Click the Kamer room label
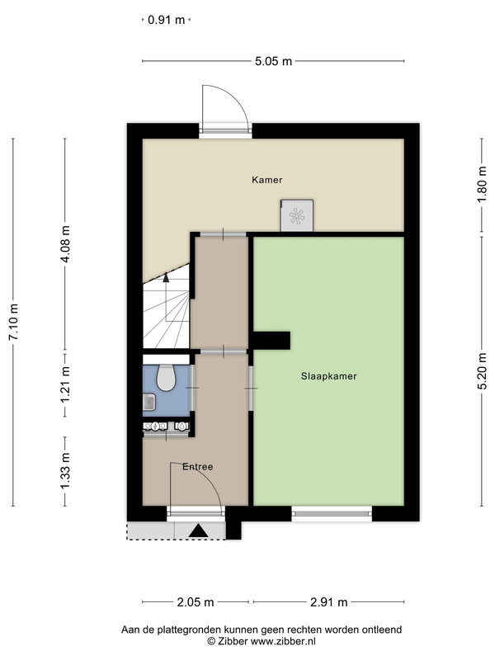[x=266, y=180]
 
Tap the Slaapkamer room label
[x=328, y=376]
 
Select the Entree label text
[x=198, y=467]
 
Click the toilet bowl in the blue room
[x=166, y=378]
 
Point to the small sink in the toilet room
[x=149, y=402]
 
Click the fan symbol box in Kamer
[x=297, y=215]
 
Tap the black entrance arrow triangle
[x=198, y=530]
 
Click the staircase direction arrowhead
[x=166, y=277]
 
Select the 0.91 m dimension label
[x=167, y=20]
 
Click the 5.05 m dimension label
[x=274, y=61]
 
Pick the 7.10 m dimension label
[x=14, y=322]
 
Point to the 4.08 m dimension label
[x=65, y=243]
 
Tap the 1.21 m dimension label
[x=65, y=384]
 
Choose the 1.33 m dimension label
[x=65, y=471]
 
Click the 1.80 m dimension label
[x=483, y=185]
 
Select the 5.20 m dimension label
[x=483, y=371]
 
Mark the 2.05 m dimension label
[x=196, y=602]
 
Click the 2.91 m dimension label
[x=329, y=602]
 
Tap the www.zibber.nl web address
[x=283, y=642]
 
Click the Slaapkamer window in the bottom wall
[x=332, y=513]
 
